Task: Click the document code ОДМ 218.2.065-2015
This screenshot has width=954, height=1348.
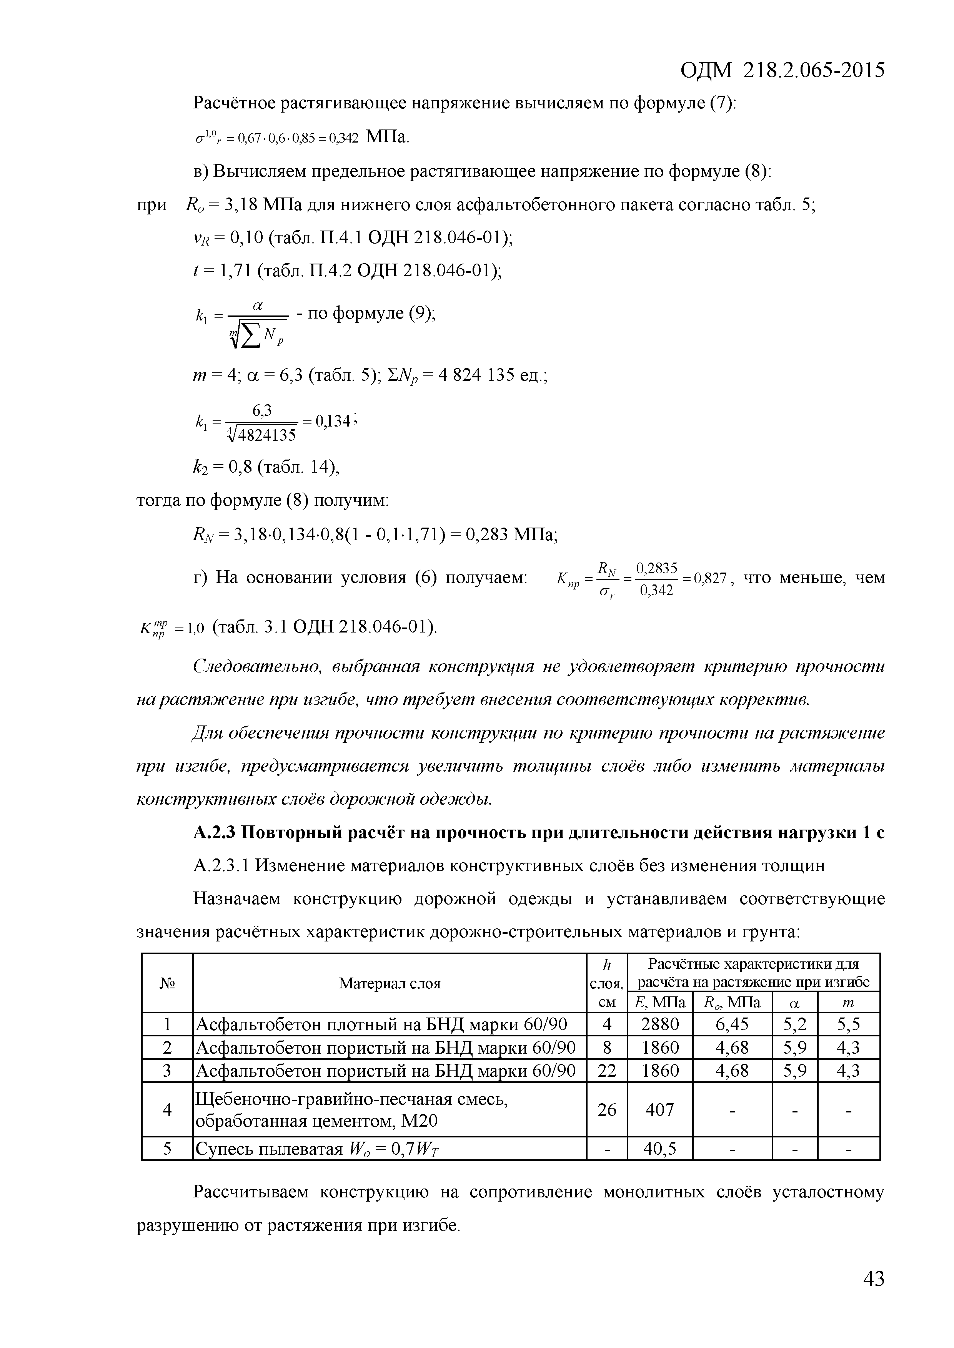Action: click(x=782, y=70)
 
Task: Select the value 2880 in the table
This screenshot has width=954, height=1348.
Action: click(x=660, y=1024)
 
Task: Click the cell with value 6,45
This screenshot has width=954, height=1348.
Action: click(x=732, y=1024)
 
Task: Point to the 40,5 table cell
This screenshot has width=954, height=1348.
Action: click(x=660, y=1148)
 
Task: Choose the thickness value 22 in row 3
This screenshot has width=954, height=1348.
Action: click(x=606, y=1071)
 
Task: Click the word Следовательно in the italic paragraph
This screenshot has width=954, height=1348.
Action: click(x=257, y=667)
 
